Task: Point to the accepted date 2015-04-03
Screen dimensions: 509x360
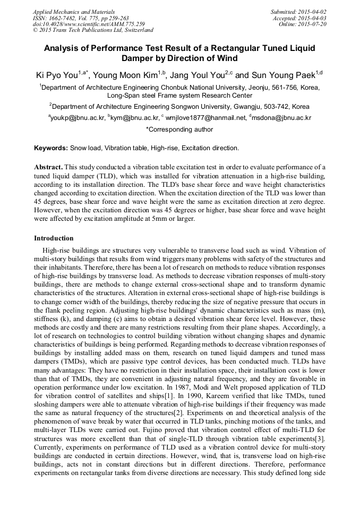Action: [x=314, y=18]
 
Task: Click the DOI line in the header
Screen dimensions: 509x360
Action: [x=88, y=24]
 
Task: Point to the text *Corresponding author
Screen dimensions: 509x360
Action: [x=179, y=130]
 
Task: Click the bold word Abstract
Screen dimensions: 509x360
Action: [x=48, y=166]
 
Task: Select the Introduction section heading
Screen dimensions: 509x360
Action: [x=54, y=238]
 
